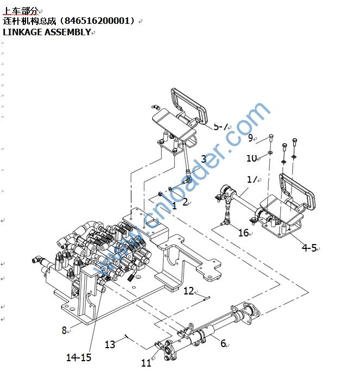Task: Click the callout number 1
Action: coord(174,206)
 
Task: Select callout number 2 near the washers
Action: coord(185,202)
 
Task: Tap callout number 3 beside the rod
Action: coord(204,159)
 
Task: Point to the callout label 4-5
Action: coord(309,248)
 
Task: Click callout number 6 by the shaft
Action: coord(223,343)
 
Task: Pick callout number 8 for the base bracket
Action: coord(64,330)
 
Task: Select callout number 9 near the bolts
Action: coord(251,138)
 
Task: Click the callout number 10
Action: coord(251,158)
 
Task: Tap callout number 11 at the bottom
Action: coord(146,363)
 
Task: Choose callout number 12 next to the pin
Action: coord(188,291)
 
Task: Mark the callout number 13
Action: coord(110,344)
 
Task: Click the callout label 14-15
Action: coord(79,357)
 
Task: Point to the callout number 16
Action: coord(243,233)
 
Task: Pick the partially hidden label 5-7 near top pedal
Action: coord(220,126)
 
